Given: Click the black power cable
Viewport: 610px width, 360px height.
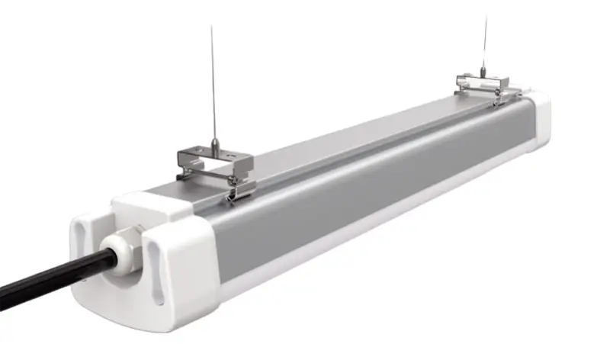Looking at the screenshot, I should [46, 279].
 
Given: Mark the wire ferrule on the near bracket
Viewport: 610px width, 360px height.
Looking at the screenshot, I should [216, 144].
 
